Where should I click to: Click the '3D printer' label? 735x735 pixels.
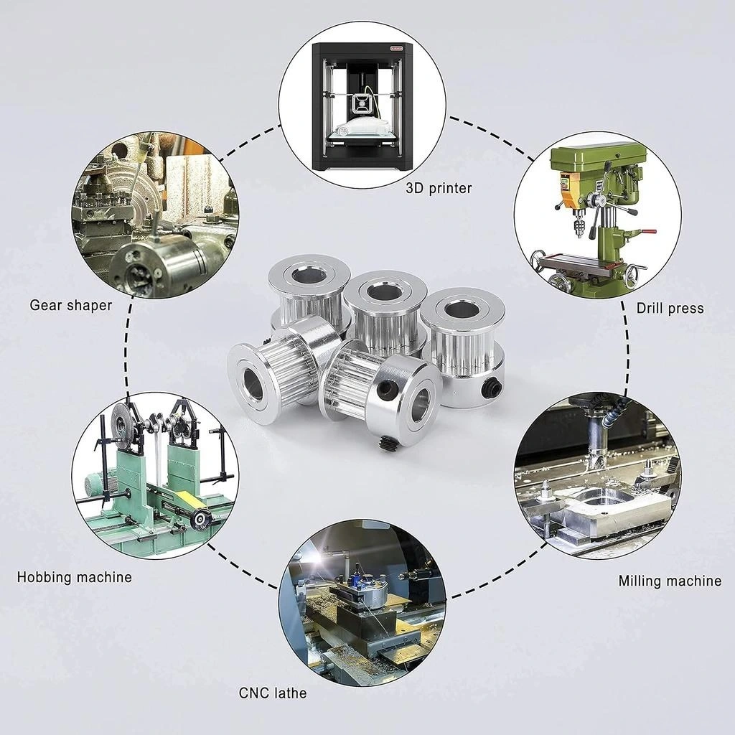pyautogui.click(x=439, y=189)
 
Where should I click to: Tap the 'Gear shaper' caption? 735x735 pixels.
pyautogui.click(x=71, y=305)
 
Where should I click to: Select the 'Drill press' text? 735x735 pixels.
pyautogui.click(x=670, y=309)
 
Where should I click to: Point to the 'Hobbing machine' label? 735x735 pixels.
pyautogui.click(x=75, y=576)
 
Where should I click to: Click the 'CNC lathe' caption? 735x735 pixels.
pyautogui.click(x=273, y=693)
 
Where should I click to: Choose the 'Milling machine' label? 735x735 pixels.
pyautogui.click(x=670, y=581)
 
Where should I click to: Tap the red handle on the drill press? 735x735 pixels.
pyautogui.click(x=649, y=232)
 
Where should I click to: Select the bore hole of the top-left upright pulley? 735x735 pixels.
pyautogui.click(x=308, y=276)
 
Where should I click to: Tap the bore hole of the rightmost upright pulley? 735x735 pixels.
pyautogui.click(x=462, y=311)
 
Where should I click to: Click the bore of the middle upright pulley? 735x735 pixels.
pyautogui.click(x=384, y=292)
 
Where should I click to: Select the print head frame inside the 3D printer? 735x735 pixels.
pyautogui.click(x=362, y=105)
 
